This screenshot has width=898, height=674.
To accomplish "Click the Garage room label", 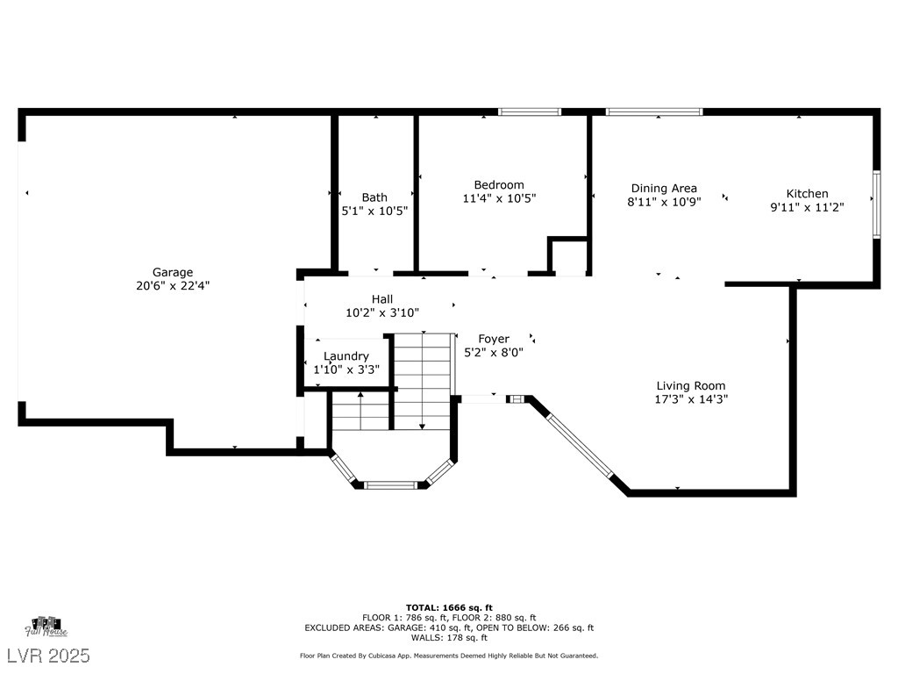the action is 173,272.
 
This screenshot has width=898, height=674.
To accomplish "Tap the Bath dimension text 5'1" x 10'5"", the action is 374,211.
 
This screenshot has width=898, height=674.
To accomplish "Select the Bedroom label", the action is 499,184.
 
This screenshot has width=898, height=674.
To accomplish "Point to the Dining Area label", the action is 664,188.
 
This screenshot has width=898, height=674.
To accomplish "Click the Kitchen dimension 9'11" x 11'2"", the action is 807,207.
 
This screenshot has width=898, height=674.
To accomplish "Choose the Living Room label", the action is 691,386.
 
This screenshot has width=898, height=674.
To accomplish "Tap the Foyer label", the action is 494,339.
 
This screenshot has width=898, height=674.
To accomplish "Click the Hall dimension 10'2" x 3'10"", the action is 382,312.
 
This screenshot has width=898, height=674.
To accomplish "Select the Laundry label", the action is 346,356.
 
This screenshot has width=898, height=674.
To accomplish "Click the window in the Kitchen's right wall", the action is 876,204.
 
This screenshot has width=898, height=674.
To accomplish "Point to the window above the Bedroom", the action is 529,111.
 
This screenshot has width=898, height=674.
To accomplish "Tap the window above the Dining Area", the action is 654,111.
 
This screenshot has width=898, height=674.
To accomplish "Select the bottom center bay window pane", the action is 390,484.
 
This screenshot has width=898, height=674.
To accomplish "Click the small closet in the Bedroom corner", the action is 568,255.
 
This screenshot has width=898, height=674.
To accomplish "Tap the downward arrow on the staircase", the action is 422,381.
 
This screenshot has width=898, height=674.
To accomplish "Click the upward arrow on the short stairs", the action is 360,411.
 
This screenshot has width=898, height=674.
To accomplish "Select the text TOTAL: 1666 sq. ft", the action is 449,607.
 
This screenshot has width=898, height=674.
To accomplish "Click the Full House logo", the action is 46,627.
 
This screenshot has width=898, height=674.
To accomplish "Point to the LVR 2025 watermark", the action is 48,655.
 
